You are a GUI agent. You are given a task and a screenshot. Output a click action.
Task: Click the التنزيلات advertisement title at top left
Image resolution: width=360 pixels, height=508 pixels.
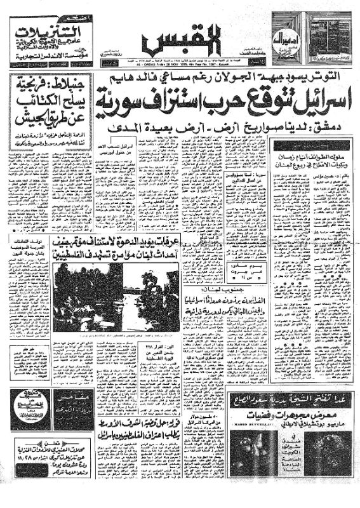click(x=44, y=29)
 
